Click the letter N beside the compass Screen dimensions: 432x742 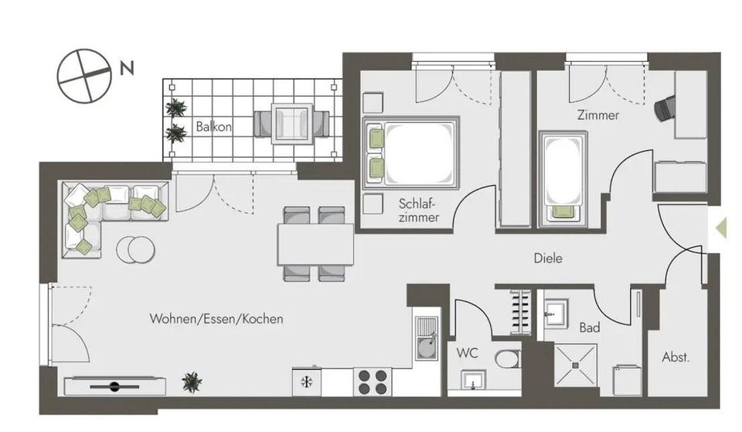[127, 69]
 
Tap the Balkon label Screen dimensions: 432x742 [213, 126]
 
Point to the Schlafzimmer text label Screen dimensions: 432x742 [419, 211]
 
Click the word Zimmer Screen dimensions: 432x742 [597, 115]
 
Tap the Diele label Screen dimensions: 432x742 [548, 258]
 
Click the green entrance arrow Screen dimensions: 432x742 [721, 228]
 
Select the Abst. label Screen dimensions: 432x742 [676, 358]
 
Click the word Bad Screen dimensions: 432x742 [590, 327]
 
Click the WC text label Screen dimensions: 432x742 [467, 353]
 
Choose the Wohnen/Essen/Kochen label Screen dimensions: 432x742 [216, 318]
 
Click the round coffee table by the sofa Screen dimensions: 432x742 [136, 249]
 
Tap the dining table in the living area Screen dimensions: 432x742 [316, 244]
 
